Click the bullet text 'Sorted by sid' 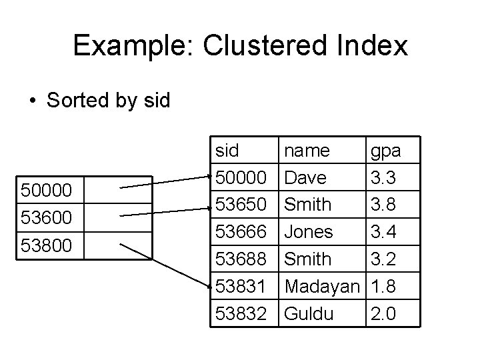pyautogui.click(x=109, y=101)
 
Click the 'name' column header pyautogui.click(x=307, y=151)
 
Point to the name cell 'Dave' pyautogui.click(x=305, y=178)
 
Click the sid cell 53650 pyautogui.click(x=241, y=204)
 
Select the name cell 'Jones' pyautogui.click(x=309, y=231)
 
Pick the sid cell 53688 pyautogui.click(x=241, y=257)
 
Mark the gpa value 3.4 pyautogui.click(x=385, y=231)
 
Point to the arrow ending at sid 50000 pyautogui.click(x=167, y=183)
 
